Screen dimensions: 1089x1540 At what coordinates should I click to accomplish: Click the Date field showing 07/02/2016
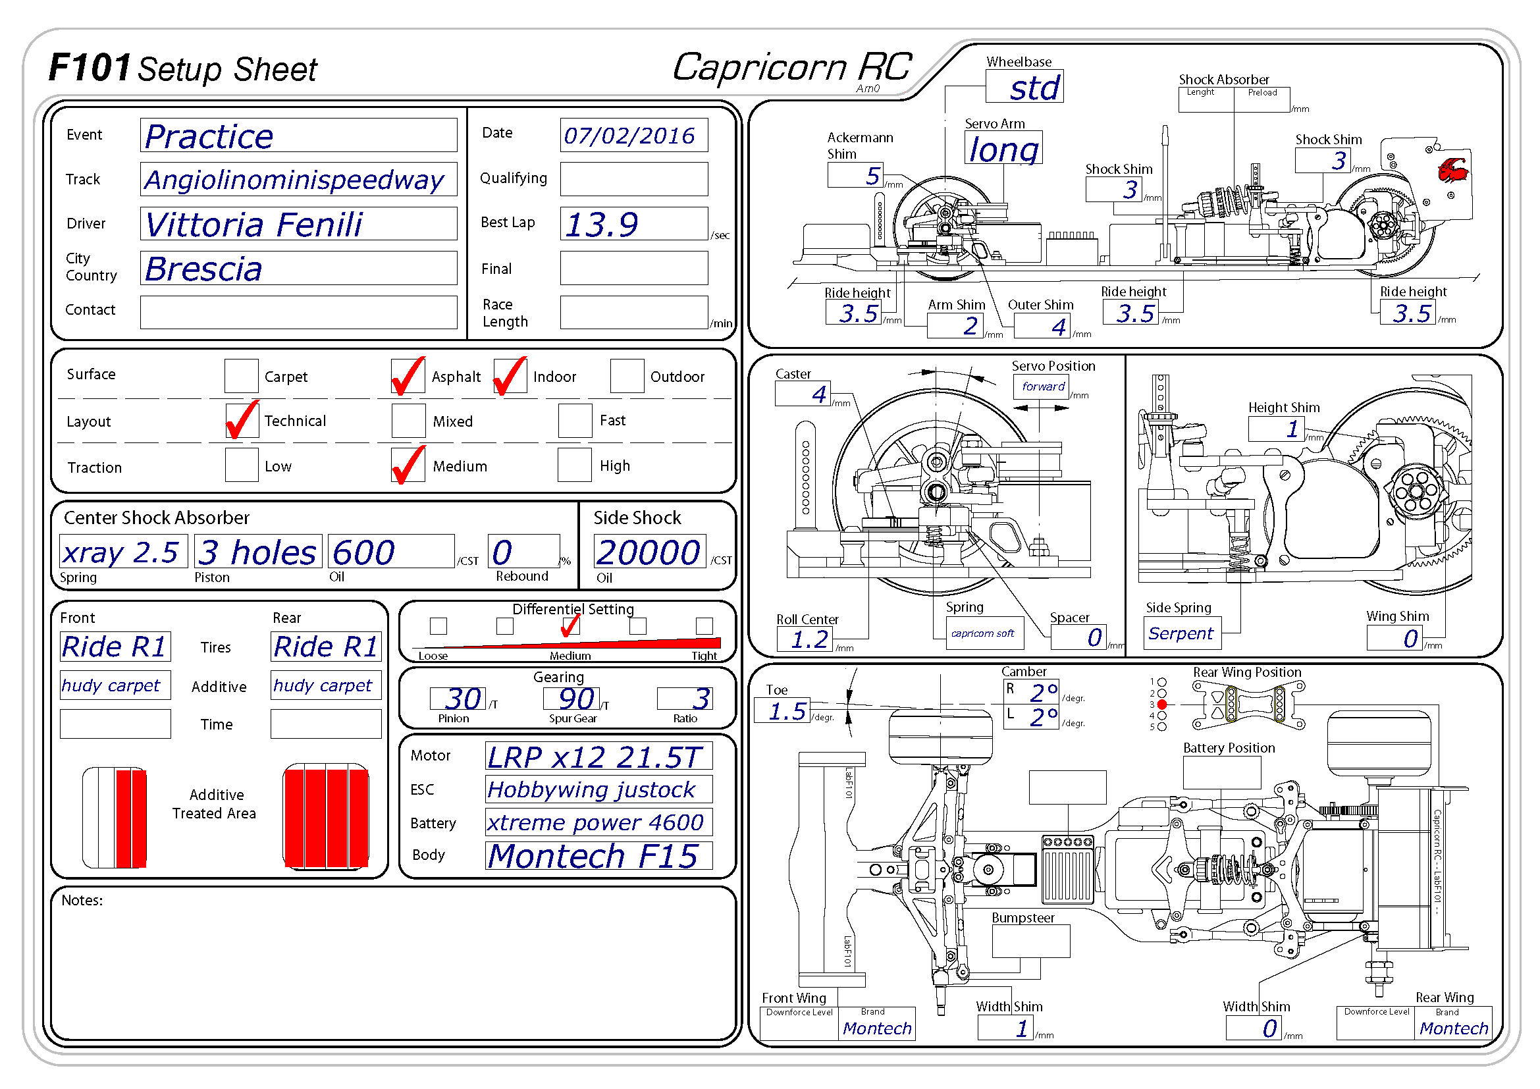pos(633,136)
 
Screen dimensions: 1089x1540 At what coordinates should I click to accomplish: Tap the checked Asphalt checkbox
pos(408,376)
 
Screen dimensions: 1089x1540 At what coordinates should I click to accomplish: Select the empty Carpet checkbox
pos(242,376)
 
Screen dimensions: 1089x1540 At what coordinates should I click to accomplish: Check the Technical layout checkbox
pos(242,421)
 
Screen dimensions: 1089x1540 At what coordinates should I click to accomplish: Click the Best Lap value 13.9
pos(633,224)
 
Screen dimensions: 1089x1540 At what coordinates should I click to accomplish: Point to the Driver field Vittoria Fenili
pos(298,224)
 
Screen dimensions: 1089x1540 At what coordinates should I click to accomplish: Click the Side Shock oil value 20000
pos(649,552)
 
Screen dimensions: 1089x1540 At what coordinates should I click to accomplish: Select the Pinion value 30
pos(458,699)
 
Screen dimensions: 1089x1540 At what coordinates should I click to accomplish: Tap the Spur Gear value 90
pos(571,699)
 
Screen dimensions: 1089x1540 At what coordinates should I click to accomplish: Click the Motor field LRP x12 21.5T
pos(598,757)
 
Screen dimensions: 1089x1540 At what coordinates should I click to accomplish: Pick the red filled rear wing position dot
pos(1162,704)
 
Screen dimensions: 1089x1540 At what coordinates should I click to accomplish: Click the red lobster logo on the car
pos(1453,171)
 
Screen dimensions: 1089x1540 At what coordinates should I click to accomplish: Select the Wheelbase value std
pos(1024,87)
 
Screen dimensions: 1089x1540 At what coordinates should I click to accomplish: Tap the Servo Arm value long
pos(1003,149)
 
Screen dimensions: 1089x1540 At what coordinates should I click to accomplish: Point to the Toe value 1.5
pos(782,711)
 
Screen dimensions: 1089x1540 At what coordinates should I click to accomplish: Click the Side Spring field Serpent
pos(1182,633)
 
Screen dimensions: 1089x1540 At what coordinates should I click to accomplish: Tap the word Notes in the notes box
pos(82,901)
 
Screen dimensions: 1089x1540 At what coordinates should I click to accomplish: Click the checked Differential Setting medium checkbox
pos(570,626)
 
